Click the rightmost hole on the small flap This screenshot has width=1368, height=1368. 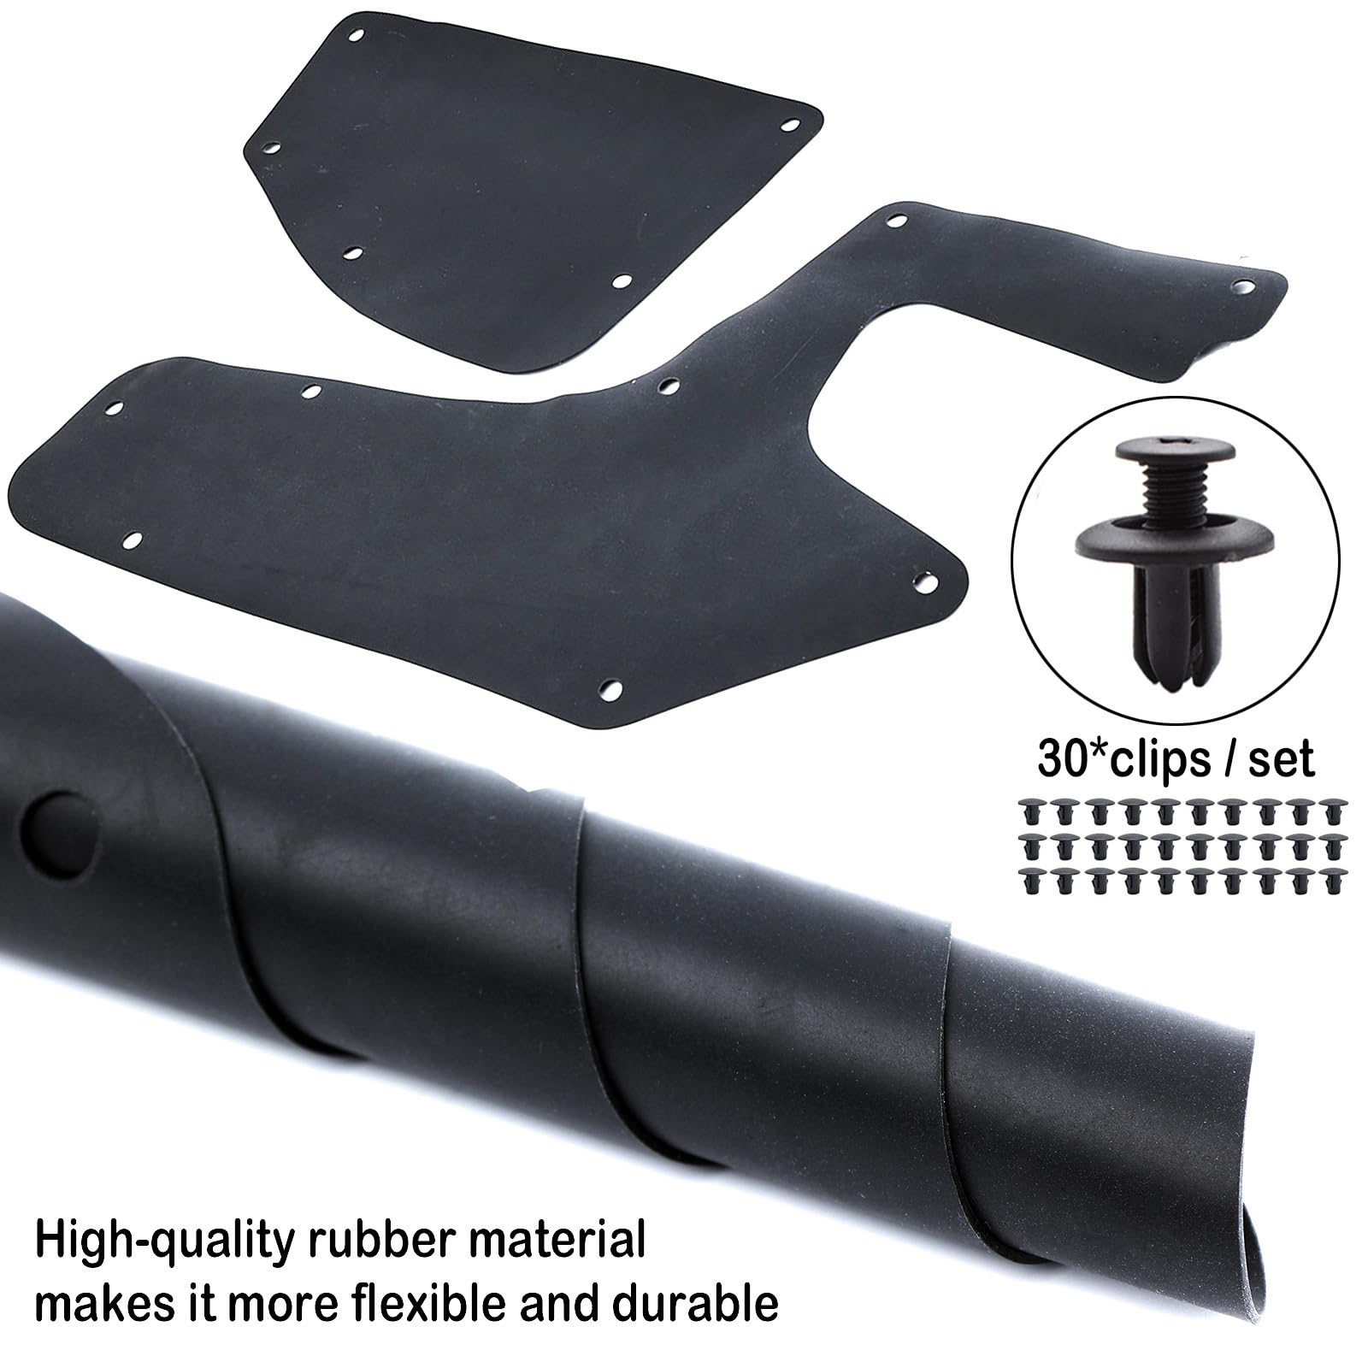point(787,126)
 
